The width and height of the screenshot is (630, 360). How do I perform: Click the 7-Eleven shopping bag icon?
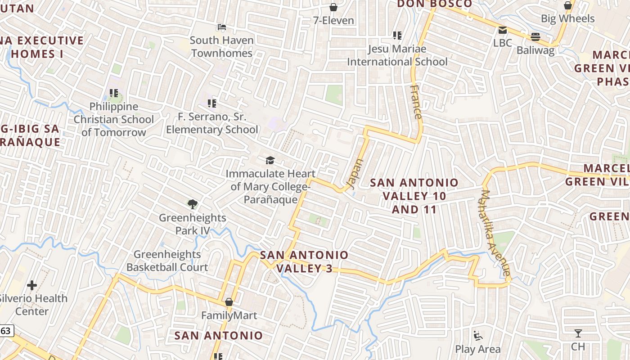pyautogui.click(x=333, y=7)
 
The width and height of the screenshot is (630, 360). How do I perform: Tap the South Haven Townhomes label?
pyautogui.click(x=221, y=46)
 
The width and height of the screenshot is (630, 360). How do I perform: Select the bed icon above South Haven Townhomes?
pyautogui.click(x=221, y=27)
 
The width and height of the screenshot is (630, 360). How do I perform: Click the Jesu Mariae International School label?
pyautogui.click(x=397, y=55)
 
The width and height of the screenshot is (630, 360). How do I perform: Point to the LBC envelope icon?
pyautogui.click(x=503, y=30)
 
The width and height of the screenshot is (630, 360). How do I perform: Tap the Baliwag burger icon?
pyautogui.click(x=535, y=36)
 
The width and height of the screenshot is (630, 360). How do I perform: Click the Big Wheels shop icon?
pyautogui.click(x=568, y=5)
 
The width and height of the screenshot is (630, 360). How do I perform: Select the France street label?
pyautogui.click(x=417, y=102)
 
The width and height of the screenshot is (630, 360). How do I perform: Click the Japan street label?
pyautogui.click(x=355, y=173)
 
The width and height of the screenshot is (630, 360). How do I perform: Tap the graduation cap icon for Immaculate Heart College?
pyautogui.click(x=270, y=160)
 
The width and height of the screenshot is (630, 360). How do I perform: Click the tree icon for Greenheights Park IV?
pyautogui.click(x=193, y=204)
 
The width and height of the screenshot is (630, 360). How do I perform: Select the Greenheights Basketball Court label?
pyautogui.click(x=167, y=261)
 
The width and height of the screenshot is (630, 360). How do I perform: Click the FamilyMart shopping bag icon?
pyautogui.click(x=229, y=302)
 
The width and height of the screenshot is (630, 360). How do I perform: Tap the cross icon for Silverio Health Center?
pyautogui.click(x=32, y=285)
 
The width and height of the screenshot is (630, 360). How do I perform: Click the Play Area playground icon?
pyautogui.click(x=477, y=336)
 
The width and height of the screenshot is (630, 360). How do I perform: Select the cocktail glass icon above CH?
pyautogui.click(x=578, y=333)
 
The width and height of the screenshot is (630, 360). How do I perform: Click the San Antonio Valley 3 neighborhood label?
pyautogui.click(x=304, y=261)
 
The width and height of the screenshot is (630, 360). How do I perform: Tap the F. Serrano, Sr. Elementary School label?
pyautogui.click(x=212, y=123)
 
